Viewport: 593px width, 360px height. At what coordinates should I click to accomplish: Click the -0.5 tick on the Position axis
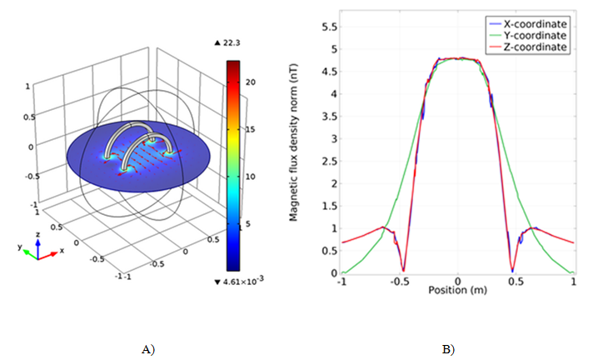399,282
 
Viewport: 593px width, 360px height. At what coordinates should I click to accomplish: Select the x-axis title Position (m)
457,291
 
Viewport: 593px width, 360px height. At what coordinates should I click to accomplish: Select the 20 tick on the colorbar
251,81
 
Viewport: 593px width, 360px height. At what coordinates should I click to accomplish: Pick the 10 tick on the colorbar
251,176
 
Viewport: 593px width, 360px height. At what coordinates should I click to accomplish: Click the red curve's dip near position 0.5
511,270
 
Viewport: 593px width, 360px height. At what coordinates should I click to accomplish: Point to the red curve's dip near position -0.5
404,270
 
